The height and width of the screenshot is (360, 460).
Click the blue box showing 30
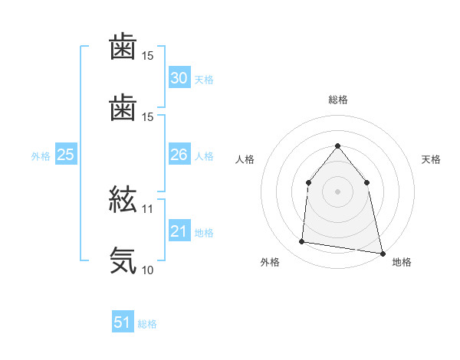click(x=179, y=78)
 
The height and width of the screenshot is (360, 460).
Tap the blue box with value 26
click(x=179, y=155)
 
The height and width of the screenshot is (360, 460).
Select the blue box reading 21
click(x=179, y=231)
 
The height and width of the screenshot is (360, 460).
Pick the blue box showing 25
click(x=65, y=155)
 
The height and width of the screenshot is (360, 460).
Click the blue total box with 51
click(x=123, y=322)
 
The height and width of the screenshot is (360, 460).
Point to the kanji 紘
click(x=123, y=201)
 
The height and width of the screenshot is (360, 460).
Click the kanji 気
click(x=123, y=260)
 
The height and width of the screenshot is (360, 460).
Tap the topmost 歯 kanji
click(x=123, y=47)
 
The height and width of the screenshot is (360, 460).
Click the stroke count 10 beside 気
click(x=148, y=270)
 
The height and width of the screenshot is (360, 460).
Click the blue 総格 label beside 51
click(x=147, y=324)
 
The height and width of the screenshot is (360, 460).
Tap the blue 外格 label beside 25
click(x=41, y=156)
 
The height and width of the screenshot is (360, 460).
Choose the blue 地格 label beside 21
click(x=204, y=233)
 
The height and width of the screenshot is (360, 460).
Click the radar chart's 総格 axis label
click(x=337, y=100)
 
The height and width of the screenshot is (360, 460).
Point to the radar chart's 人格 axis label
click(x=245, y=160)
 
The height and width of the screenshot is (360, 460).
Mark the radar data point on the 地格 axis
click(x=382, y=253)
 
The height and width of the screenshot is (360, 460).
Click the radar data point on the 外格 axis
click(x=302, y=242)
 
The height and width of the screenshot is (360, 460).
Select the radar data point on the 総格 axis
click(x=337, y=146)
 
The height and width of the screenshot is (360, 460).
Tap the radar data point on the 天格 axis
click(x=366, y=182)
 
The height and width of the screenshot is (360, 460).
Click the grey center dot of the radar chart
click(x=337, y=191)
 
